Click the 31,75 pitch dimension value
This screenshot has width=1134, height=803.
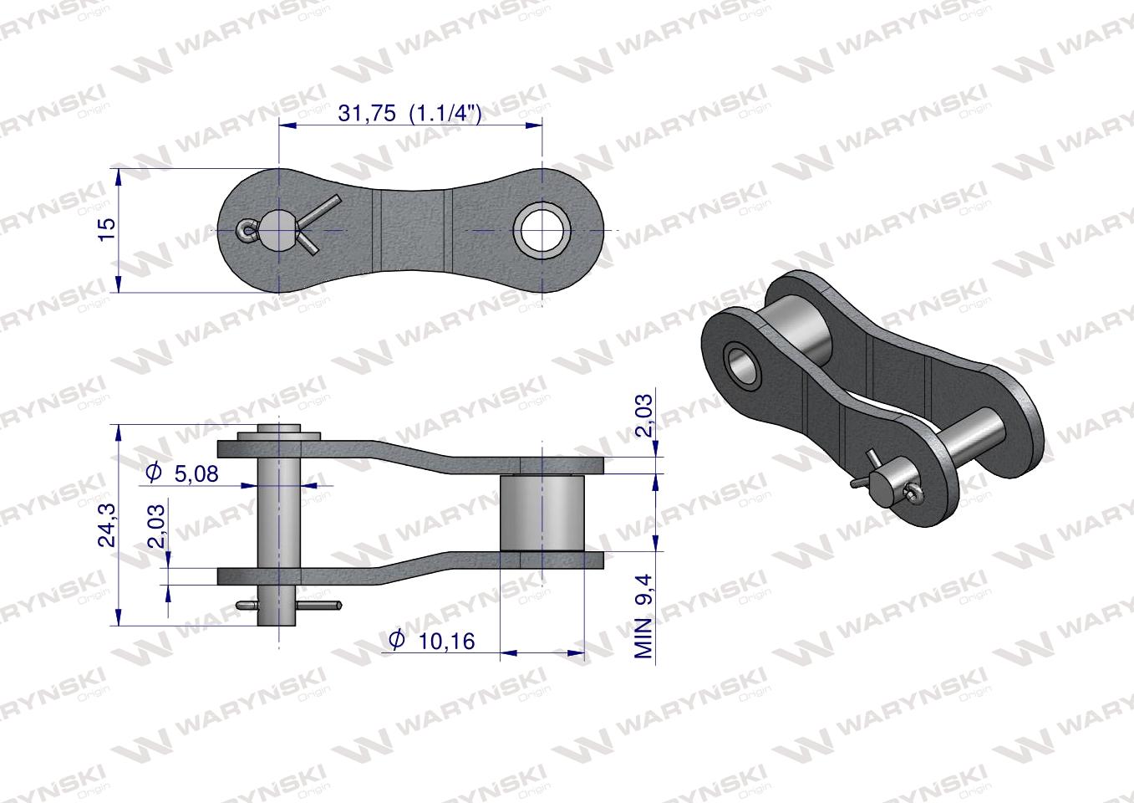(x=367, y=113)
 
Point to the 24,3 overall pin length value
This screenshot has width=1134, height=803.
(x=107, y=525)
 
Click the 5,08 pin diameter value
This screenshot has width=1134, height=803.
(x=196, y=473)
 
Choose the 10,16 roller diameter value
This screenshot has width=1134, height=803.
(x=447, y=642)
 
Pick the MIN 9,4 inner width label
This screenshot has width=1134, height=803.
(x=644, y=616)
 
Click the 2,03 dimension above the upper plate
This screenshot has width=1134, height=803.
(x=644, y=416)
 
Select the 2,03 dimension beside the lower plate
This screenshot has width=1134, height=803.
(x=156, y=526)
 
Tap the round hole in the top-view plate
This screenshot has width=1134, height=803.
(x=542, y=230)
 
